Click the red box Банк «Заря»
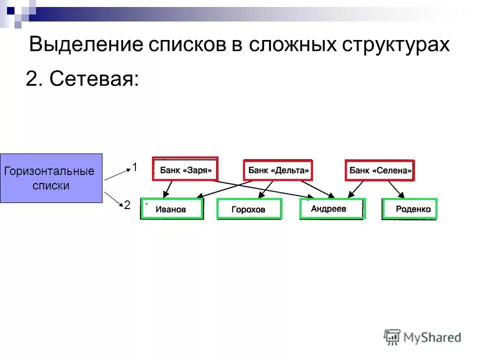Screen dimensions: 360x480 pos(186,170)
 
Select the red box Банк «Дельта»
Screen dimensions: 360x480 pos(278,170)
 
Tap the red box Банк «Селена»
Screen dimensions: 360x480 pos(380,170)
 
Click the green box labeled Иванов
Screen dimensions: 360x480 pos(172,209)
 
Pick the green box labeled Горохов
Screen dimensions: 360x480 pos(249,209)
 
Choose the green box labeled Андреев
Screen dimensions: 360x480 pos(332,208)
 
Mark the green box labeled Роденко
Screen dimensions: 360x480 pos(409,209)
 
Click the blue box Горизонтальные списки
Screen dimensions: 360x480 pos(51,178)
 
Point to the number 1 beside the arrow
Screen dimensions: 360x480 pos(134,167)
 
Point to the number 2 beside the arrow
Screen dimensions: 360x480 pos(127,205)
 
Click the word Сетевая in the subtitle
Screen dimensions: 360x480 pos(94,78)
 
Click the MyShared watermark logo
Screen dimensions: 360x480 pos(422,337)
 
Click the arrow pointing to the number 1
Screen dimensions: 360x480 pos(116,174)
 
